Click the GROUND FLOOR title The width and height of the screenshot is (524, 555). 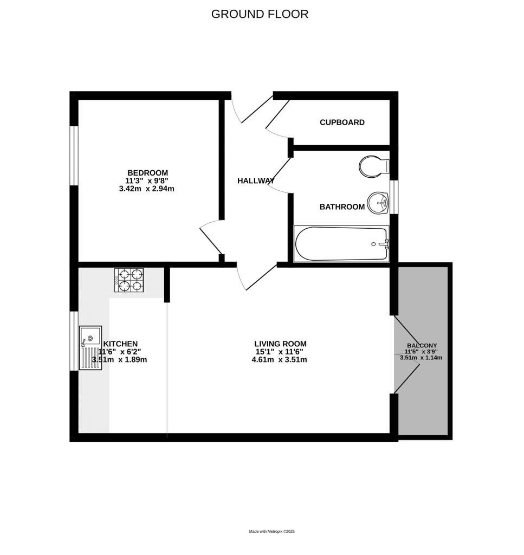click(260, 14)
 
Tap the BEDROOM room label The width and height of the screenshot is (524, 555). click(147, 173)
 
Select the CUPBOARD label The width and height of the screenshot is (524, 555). click(342, 122)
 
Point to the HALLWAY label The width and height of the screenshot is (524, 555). click(256, 180)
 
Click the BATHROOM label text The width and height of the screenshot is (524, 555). click(342, 207)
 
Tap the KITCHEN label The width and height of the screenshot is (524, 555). click(120, 344)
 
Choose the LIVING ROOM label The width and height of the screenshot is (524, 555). click(280, 344)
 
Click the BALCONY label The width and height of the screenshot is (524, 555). click(422, 345)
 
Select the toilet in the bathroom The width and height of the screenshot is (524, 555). click(373, 166)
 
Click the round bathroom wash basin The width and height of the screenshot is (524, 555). click(378, 203)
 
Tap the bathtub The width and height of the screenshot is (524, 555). click(341, 244)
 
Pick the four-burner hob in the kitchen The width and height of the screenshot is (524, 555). click(130, 280)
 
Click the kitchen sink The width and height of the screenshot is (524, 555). click(90, 347)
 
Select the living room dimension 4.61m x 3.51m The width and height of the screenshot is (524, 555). click(280, 359)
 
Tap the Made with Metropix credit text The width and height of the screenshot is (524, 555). click(271, 532)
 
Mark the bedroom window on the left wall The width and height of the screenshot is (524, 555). click(75, 156)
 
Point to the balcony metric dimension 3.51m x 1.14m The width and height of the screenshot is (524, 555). click(421, 358)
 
